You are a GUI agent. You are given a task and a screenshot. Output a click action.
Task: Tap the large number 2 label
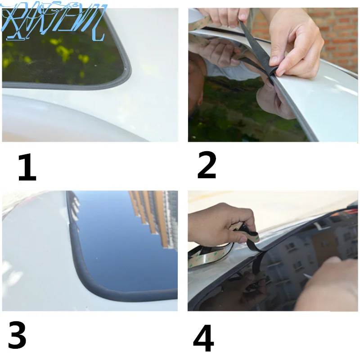pos(207,166)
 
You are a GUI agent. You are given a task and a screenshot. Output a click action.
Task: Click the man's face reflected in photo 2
pos(198,85)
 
